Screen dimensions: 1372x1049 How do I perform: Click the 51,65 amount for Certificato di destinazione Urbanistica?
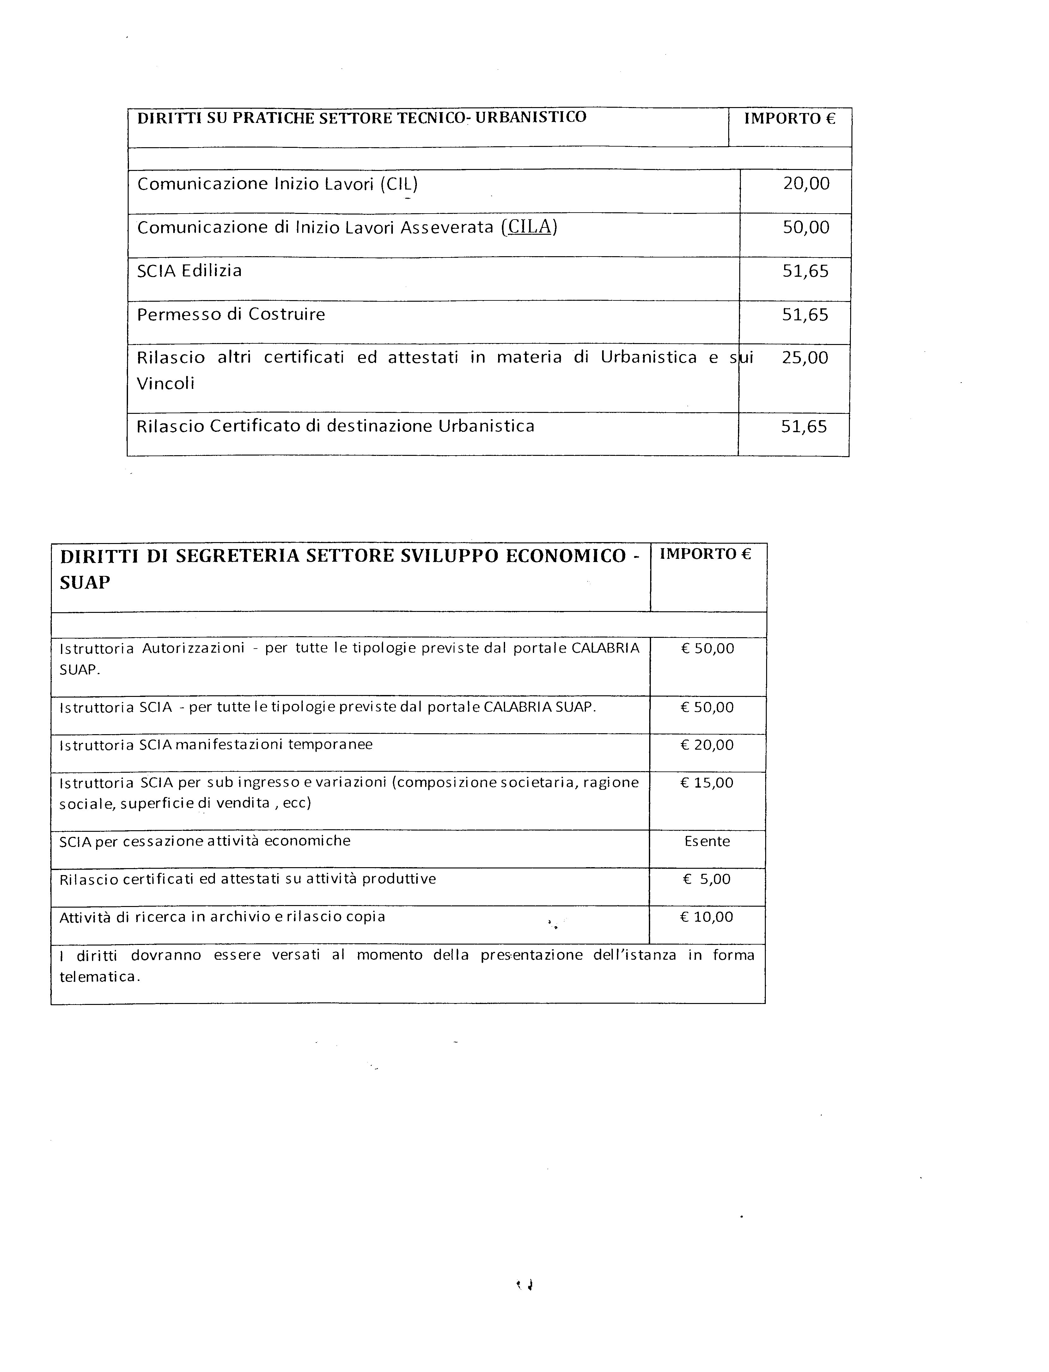coord(804,427)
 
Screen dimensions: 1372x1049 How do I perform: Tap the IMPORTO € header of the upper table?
coord(789,118)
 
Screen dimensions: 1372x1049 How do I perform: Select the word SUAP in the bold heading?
coord(85,583)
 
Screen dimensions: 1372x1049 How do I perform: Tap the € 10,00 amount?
coord(707,917)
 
